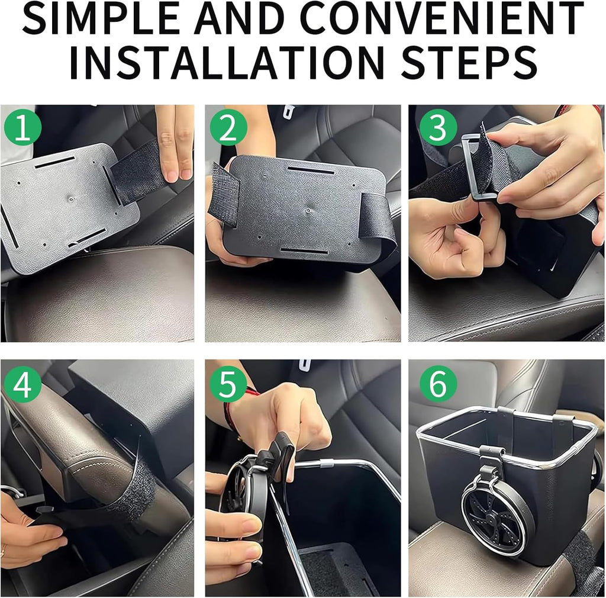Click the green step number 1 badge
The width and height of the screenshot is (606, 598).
point(22,128)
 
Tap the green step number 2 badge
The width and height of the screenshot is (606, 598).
point(227,128)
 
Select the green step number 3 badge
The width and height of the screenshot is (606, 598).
point(438,128)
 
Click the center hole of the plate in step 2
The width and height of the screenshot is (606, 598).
point(309,210)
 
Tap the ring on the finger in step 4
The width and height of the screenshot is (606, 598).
point(4,554)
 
